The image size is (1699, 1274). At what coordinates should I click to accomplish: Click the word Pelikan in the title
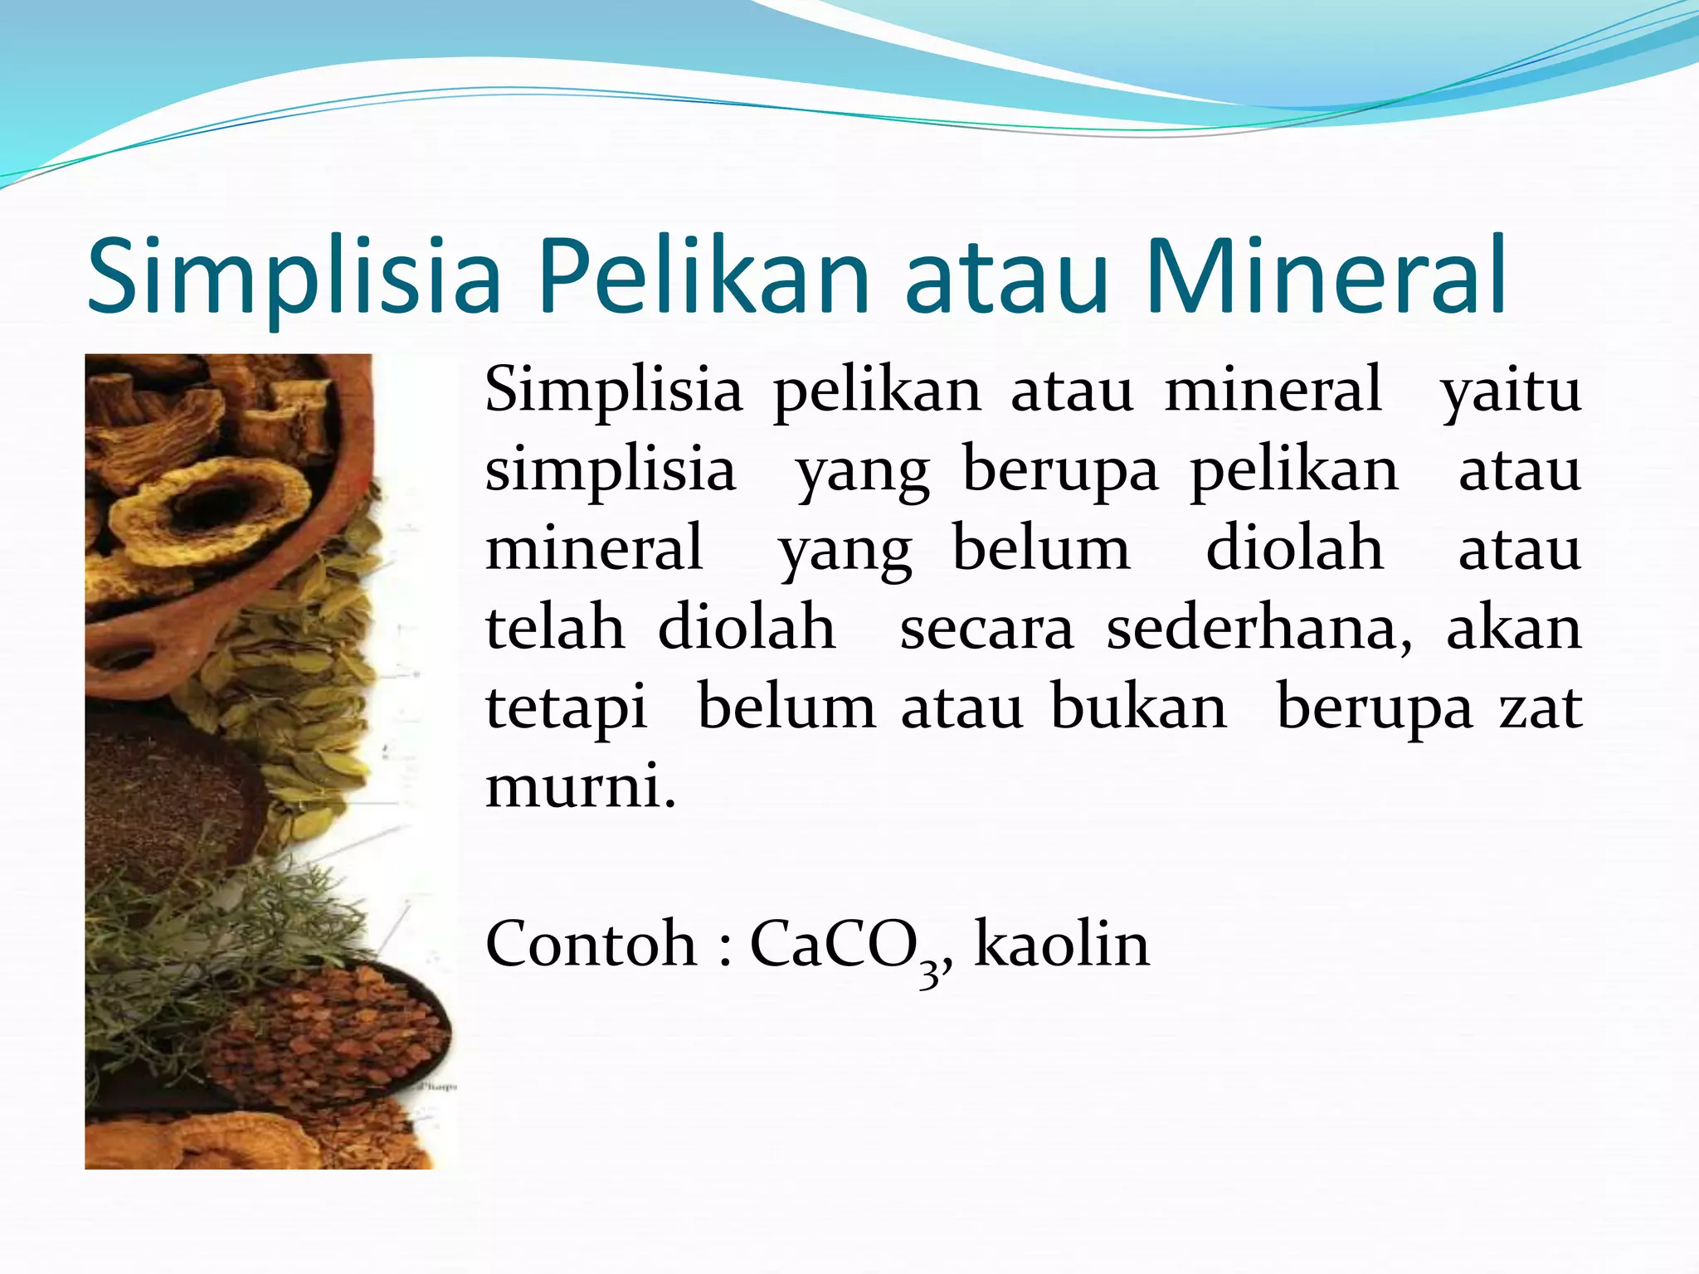(703, 277)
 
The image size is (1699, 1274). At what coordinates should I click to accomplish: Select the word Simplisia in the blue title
(294, 277)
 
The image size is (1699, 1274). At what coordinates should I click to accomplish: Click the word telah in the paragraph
(554, 629)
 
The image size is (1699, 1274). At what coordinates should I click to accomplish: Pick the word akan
(1514, 629)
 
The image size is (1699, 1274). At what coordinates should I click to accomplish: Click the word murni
(579, 786)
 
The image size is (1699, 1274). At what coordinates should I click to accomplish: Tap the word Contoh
(591, 946)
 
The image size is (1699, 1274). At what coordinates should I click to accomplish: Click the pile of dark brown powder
(166, 796)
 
